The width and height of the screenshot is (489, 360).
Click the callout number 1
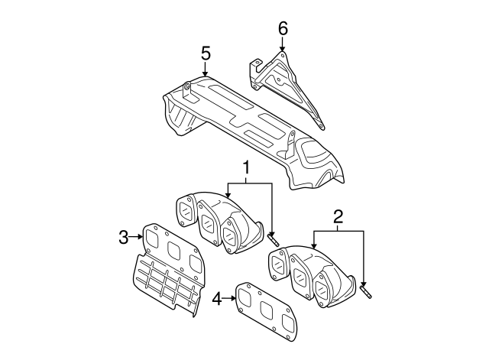(247, 167)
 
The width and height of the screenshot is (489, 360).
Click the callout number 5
(205, 54)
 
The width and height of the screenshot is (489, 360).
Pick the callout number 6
(282, 28)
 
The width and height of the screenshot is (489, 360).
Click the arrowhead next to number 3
(141, 237)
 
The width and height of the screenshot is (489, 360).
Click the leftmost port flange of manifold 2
(278, 264)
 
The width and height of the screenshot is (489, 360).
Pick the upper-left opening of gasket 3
(154, 238)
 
